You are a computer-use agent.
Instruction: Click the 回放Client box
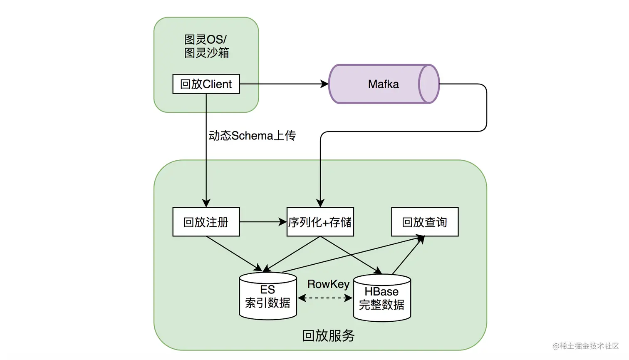pos(206,84)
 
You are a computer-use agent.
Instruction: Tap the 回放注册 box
pos(206,222)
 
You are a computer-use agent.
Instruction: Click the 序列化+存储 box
pos(320,222)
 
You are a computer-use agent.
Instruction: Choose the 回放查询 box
pos(424,222)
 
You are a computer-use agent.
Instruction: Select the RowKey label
pos(328,284)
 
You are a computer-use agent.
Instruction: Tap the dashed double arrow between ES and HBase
pos(325,298)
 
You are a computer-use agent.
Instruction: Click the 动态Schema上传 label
pos(252,136)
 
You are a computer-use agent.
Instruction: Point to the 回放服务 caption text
pos(328,335)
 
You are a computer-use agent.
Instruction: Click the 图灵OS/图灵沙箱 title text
pos(206,46)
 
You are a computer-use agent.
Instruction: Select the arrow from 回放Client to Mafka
pos(283,84)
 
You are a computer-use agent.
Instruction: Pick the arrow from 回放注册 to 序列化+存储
pos(262,222)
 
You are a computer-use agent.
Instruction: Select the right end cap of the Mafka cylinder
pos(428,84)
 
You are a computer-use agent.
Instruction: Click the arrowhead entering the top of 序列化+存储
pos(320,203)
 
